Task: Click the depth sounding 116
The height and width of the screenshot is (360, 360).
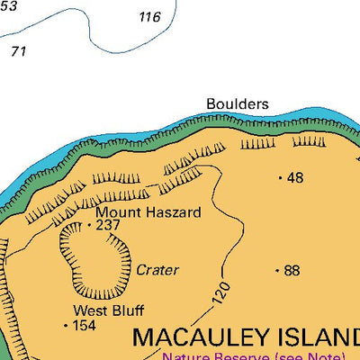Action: pos(149,17)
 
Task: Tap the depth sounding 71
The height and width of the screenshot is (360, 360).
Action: pos(18,51)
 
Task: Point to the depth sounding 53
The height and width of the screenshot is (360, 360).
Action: pos(8,5)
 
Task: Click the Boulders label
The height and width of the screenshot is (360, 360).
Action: pos(238,103)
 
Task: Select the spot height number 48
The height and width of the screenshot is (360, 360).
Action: pos(295,177)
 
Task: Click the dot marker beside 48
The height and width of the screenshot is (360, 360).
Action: pos(281,178)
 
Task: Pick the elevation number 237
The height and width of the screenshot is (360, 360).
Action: pos(108,225)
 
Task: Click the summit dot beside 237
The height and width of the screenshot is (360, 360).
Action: pos(89,225)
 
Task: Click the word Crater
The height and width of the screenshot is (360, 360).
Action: pos(157,269)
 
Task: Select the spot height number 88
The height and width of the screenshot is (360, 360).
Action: pos(292,270)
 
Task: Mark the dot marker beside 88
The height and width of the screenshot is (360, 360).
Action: pos(276,270)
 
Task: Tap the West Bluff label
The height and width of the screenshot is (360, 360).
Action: pos(108,310)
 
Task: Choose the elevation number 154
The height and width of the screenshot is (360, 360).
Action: pos(84,325)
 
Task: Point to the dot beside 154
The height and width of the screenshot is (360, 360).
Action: pos(67,325)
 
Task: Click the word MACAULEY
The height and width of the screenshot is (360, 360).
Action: pos(199,338)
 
